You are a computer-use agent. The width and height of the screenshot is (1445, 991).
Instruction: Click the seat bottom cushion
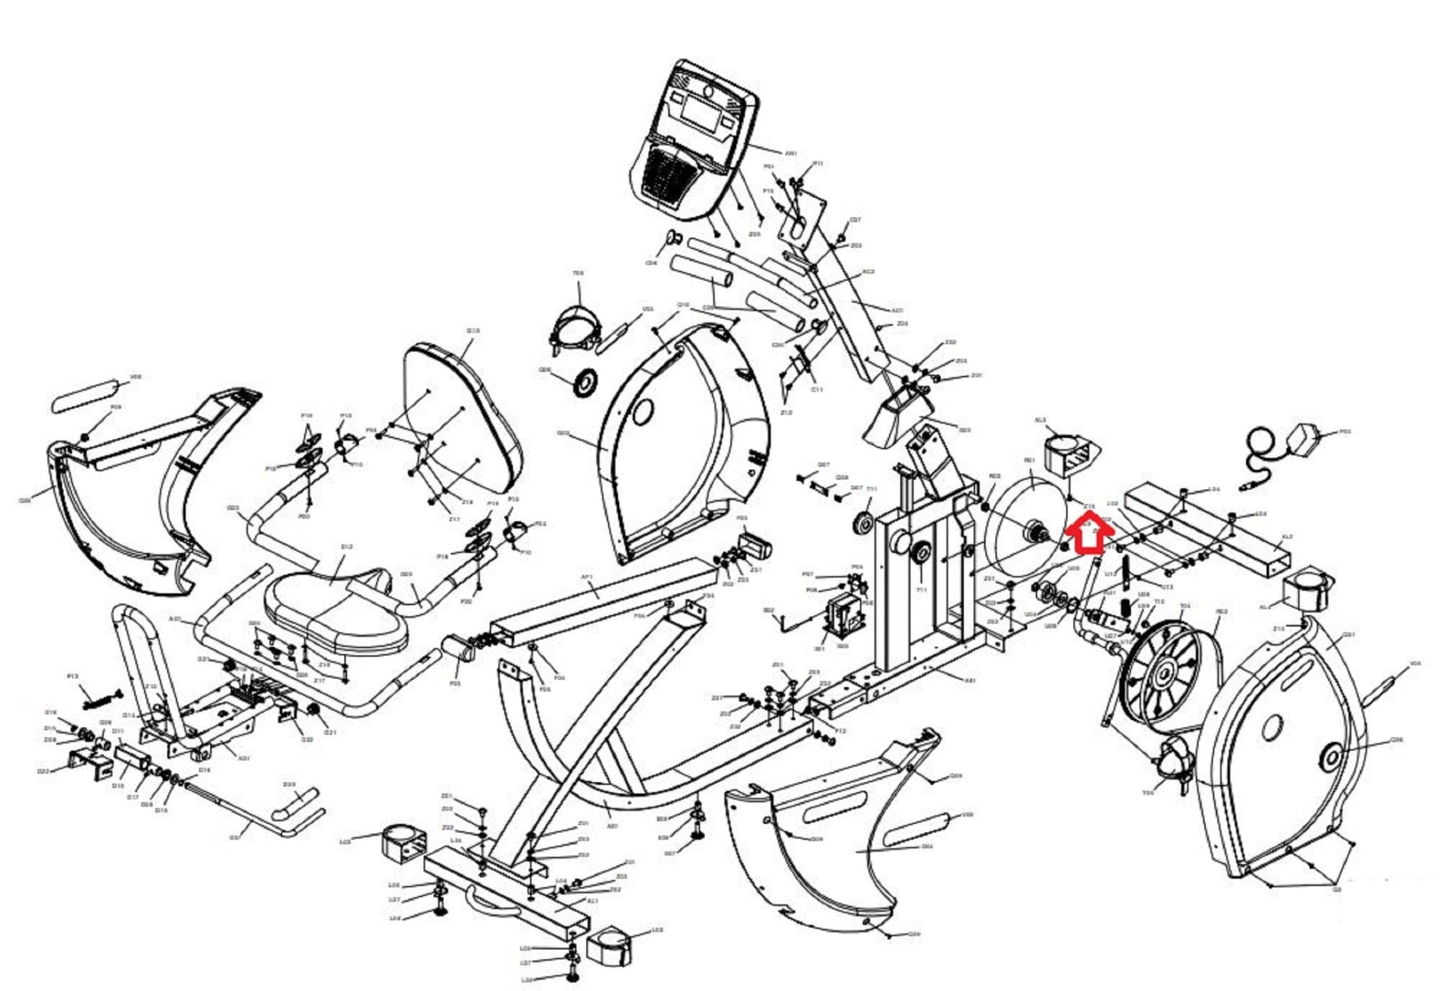coord(336,614)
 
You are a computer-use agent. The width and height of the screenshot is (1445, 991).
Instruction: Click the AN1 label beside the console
coord(791,153)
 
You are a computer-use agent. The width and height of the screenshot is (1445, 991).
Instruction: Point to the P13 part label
coord(73,676)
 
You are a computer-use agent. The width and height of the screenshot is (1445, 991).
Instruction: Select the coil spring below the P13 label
coord(99,700)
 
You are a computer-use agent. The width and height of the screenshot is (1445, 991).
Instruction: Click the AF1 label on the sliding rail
coord(587,577)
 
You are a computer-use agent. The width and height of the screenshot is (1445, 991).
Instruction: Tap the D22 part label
coord(43,772)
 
